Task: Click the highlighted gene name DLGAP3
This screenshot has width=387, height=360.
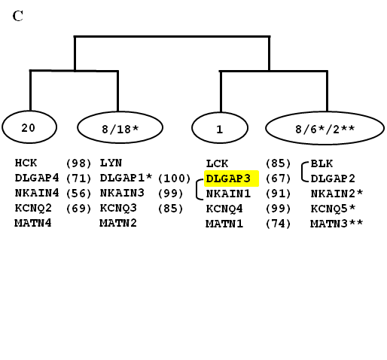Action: (x=228, y=178)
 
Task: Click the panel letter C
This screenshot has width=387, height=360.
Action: (x=18, y=16)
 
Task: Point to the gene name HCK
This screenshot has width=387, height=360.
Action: (x=26, y=163)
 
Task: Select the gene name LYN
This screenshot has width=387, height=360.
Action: (x=111, y=163)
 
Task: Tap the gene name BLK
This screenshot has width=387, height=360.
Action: (x=321, y=163)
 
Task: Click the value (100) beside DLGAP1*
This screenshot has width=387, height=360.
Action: (x=174, y=178)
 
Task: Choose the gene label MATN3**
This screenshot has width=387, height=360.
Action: (x=337, y=224)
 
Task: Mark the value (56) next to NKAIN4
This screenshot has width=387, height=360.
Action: (x=78, y=194)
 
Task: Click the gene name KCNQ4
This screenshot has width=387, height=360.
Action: (x=224, y=209)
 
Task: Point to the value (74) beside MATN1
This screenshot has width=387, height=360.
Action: (x=278, y=224)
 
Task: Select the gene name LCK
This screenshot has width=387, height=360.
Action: (x=217, y=163)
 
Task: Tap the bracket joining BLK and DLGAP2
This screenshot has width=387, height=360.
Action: (x=302, y=172)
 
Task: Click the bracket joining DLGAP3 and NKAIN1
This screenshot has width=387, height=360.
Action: (x=197, y=190)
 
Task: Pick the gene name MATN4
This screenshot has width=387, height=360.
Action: (x=33, y=223)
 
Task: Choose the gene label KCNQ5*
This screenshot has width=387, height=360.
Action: (x=333, y=209)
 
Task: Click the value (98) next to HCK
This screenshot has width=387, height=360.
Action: (x=78, y=163)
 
